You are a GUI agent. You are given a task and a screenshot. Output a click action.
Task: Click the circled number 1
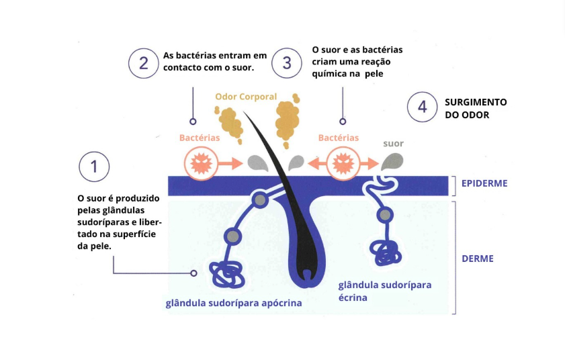(x=94, y=168)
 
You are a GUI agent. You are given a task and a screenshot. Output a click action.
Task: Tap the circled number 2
(x=144, y=63)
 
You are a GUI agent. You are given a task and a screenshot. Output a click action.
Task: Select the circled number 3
(x=288, y=63)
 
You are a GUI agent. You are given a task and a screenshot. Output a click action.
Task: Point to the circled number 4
(x=422, y=107)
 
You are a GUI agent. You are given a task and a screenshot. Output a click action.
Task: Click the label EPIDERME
(x=484, y=183)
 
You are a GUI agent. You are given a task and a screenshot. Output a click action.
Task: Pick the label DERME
(x=478, y=258)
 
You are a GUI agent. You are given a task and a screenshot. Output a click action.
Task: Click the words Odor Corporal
(x=246, y=97)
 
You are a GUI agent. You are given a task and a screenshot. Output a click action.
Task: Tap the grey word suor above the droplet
(x=393, y=144)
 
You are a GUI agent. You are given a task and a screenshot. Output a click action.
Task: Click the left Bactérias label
(x=200, y=138)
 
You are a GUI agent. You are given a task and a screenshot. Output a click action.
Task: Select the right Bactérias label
(x=339, y=138)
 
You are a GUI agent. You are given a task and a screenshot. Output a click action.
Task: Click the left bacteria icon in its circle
(x=200, y=163)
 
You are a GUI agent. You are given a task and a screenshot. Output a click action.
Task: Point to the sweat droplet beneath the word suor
(x=392, y=161)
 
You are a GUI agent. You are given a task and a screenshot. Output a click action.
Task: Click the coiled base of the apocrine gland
(x=226, y=273)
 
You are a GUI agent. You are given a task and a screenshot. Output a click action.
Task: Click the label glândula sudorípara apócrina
(x=233, y=303)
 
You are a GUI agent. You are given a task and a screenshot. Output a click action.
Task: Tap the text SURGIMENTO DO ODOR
(x=476, y=108)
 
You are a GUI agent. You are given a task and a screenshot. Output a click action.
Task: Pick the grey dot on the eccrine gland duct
(x=385, y=215)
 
